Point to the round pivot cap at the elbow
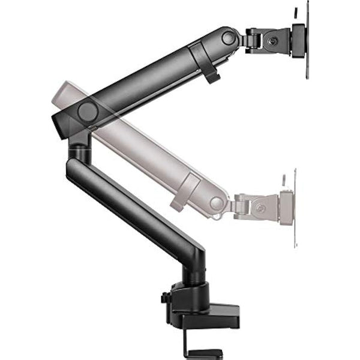coord(88,112)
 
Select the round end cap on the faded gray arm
coord(217,204)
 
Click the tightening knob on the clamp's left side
coord(164,298)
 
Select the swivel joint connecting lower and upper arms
coord(77,147)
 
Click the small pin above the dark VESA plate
coord(295,13)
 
